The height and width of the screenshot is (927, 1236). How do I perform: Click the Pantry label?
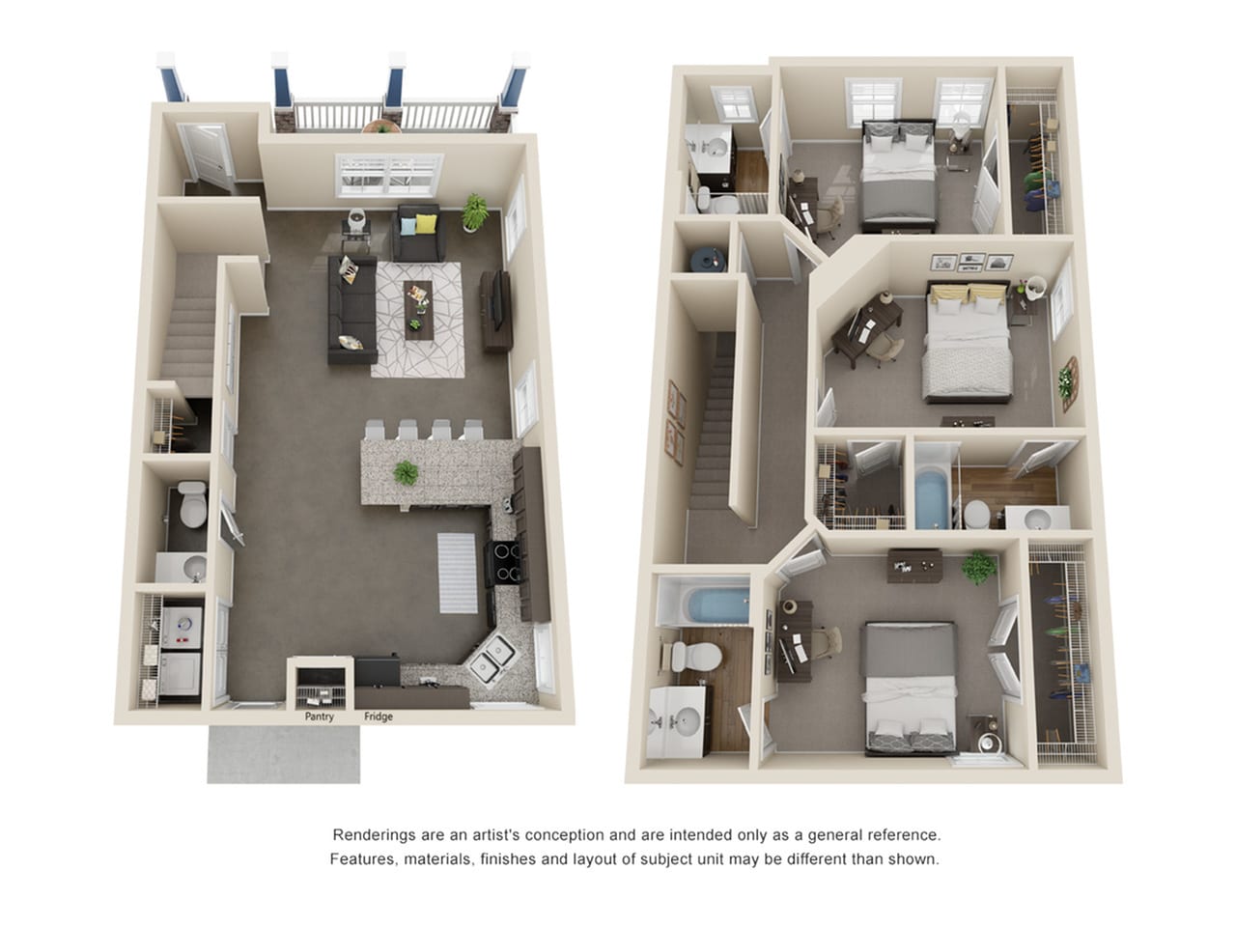pos(319,716)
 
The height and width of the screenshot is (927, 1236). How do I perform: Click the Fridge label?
pos(378,716)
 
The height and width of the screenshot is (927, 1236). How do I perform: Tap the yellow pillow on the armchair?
pos(426,224)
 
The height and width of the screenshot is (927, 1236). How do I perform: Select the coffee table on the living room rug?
pos(418,310)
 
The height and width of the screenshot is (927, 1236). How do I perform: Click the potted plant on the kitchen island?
pos(406,473)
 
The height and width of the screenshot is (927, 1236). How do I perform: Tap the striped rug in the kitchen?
pos(458,573)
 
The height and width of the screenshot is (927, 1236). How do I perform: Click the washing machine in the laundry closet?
pos(182,627)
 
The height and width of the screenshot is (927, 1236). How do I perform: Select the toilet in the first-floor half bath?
pos(193,504)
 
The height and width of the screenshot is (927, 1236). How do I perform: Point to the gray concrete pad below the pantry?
pos(283,754)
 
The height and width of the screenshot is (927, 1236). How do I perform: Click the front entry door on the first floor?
pos(208,155)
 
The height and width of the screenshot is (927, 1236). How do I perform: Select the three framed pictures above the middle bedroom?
pos(971,263)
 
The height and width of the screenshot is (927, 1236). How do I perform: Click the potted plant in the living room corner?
pos(475,212)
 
